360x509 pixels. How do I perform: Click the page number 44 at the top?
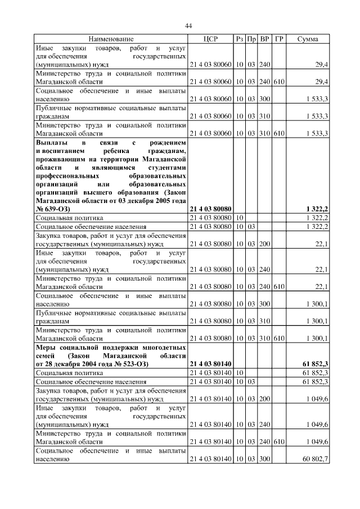click(x=188, y=26)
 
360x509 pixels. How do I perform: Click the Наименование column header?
click(x=111, y=39)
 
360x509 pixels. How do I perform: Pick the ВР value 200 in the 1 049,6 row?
click(x=265, y=396)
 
